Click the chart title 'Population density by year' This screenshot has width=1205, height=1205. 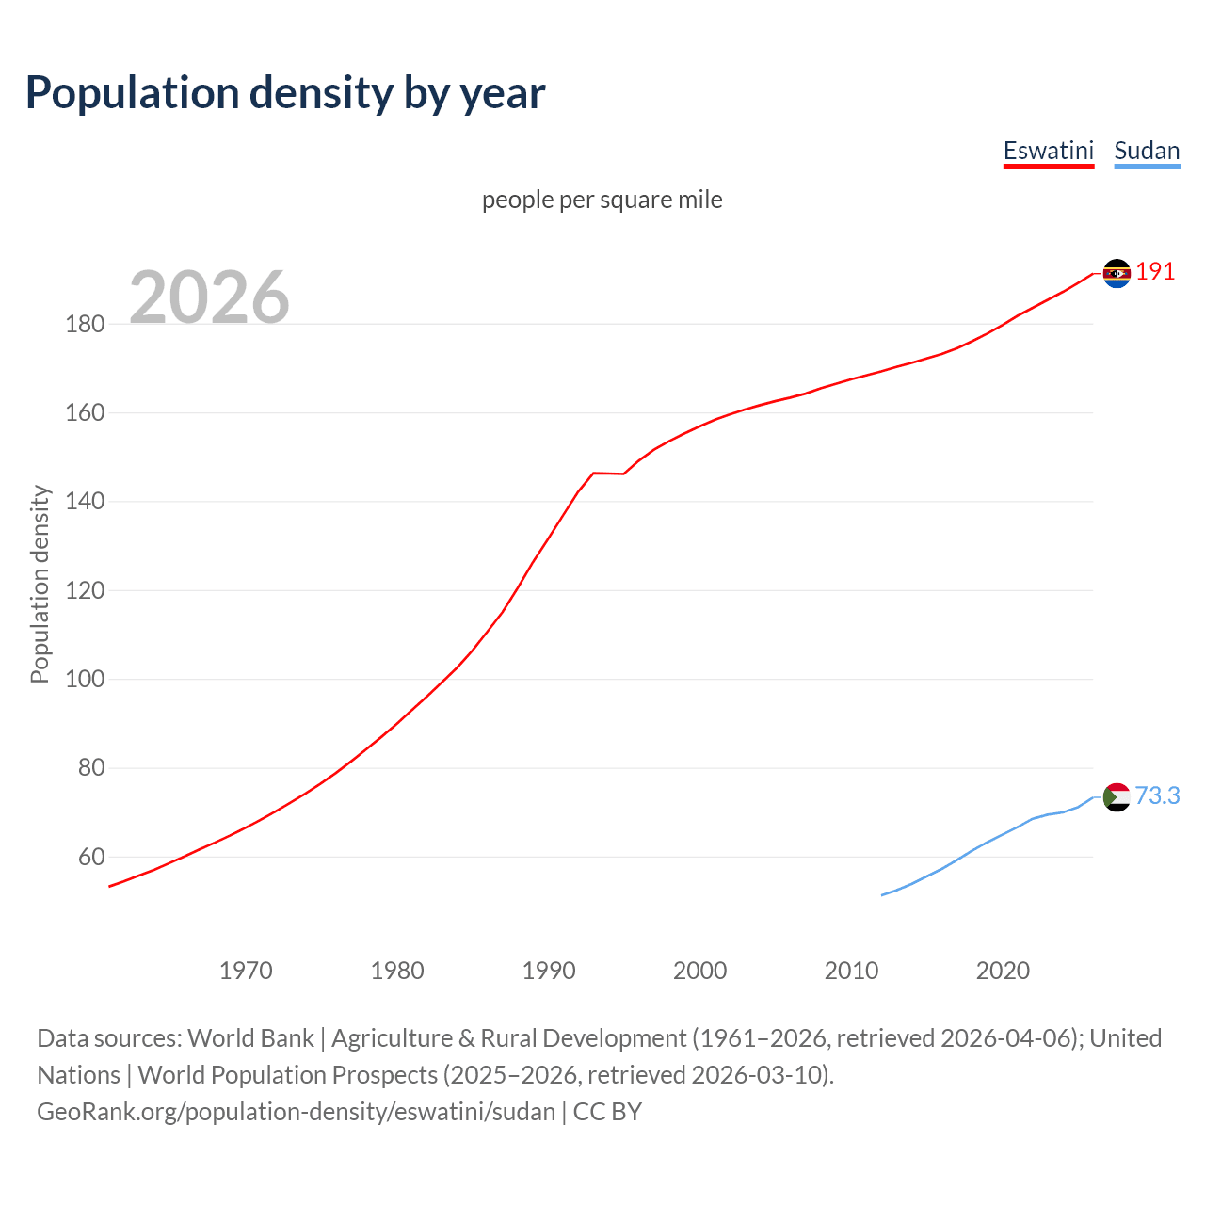pyautogui.click(x=285, y=93)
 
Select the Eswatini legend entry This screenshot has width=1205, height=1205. pyautogui.click(x=1048, y=151)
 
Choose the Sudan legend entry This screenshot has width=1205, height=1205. pyautogui.click(x=1146, y=151)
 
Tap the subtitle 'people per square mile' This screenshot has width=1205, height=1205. pyautogui.click(x=602, y=200)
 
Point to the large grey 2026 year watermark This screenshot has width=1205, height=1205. pyautogui.click(x=209, y=297)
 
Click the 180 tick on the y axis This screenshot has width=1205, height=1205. pyautogui.click(x=85, y=325)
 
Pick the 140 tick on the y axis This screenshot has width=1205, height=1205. pyautogui.click(x=85, y=502)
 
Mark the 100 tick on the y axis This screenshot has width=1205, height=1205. pyautogui.click(x=85, y=680)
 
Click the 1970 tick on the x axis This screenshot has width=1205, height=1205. pyautogui.click(x=246, y=971)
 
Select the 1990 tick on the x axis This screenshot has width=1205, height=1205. pyautogui.click(x=549, y=971)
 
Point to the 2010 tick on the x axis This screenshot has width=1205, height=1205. pyautogui.click(x=851, y=971)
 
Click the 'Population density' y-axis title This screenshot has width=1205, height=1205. pyautogui.click(x=40, y=584)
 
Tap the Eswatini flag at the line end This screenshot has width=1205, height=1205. pyautogui.click(x=1117, y=273)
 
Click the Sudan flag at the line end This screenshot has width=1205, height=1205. pyautogui.click(x=1117, y=797)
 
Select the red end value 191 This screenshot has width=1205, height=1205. pyautogui.click(x=1155, y=272)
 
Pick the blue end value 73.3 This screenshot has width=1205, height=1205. pyautogui.click(x=1157, y=796)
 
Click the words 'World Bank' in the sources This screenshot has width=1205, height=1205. pyautogui.click(x=250, y=1038)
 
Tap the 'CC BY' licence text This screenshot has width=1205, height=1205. pyautogui.click(x=607, y=1112)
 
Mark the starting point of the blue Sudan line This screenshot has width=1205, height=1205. pyautogui.click(x=882, y=894)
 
